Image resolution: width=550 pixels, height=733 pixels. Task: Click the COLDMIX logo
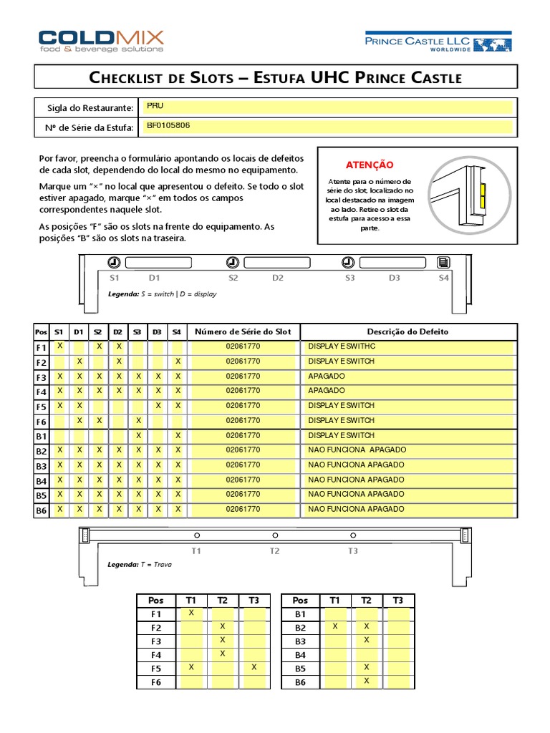pos(101,40)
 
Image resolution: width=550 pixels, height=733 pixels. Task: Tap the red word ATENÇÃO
pos(370,165)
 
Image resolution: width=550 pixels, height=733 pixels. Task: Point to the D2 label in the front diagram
pos(277,277)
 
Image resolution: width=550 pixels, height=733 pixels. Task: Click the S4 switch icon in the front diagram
pos(443,262)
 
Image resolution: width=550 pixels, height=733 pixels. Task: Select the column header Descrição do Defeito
pos(408,332)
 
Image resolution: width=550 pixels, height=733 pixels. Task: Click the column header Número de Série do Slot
pos(243,332)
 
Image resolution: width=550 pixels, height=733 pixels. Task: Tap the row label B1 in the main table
pos(41,436)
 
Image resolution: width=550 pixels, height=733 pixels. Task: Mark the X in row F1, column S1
pos(60,346)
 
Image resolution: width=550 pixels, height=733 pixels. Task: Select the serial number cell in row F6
pos(243,421)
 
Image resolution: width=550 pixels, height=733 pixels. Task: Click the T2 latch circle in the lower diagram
pos(275,535)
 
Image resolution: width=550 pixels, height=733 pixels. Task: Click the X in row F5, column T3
pos(254,667)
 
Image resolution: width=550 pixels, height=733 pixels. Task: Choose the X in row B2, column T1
pos(335,626)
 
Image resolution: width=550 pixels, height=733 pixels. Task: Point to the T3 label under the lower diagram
pos(352,551)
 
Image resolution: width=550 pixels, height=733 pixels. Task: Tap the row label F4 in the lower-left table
pos(156,654)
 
